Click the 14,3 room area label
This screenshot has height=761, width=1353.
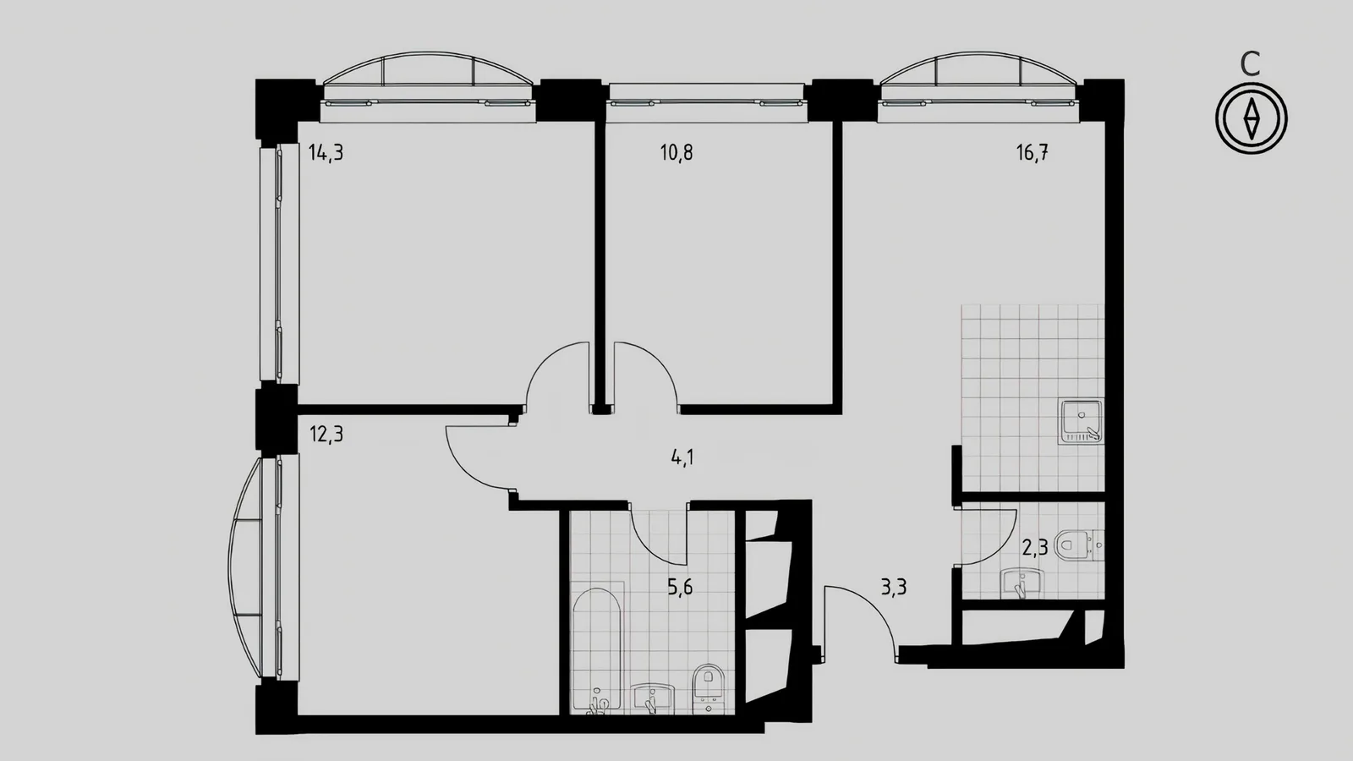pos(326,153)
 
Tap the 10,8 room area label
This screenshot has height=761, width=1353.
pos(676,153)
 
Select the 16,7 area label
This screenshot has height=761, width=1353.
pos(1033,153)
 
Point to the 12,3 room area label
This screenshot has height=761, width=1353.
pos(326,434)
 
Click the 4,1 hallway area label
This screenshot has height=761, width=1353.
pos(682,457)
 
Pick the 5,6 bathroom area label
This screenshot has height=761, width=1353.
pos(680,587)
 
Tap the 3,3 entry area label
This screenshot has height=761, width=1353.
pos(893,587)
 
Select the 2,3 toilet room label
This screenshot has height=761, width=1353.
pos(1035,548)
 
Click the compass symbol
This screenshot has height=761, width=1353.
pos(1252,118)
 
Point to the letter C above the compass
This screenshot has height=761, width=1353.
pos(1251,64)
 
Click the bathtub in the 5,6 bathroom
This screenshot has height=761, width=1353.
pos(597,649)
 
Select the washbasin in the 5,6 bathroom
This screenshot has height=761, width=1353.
pos(652,698)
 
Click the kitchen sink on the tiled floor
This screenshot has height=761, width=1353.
pos(1081,422)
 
